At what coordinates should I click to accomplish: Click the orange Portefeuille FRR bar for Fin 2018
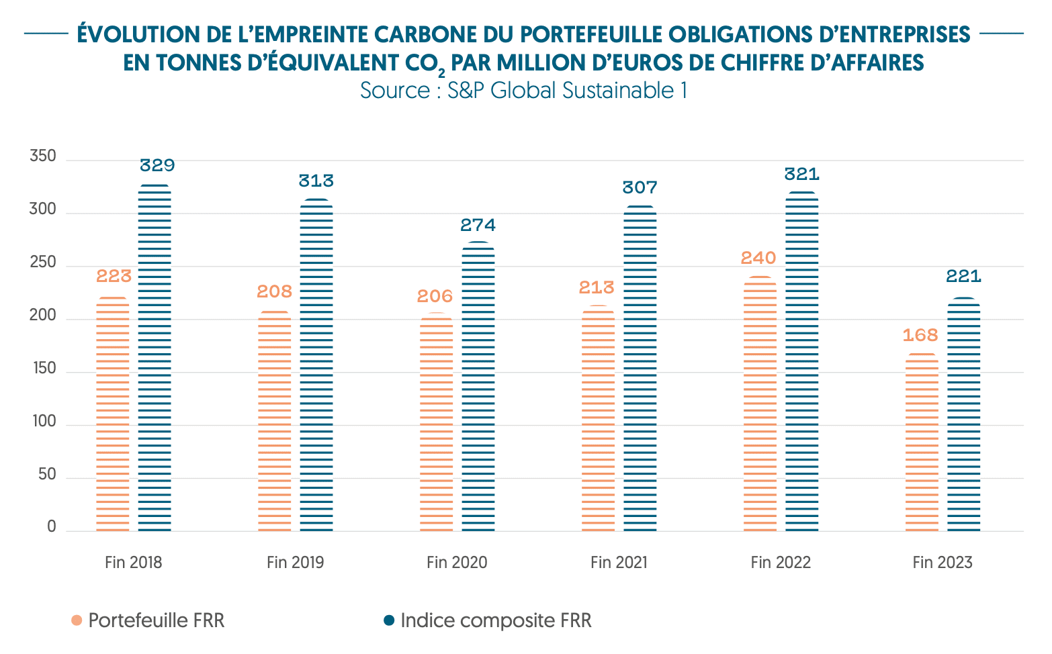click(113, 414)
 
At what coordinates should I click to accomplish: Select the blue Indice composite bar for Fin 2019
click(316, 365)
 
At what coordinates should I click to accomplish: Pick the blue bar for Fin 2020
click(478, 387)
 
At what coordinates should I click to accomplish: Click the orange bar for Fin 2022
click(760, 404)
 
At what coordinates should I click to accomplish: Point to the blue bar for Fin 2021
click(640, 369)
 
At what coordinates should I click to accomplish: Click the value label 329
click(157, 165)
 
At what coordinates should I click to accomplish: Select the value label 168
click(920, 335)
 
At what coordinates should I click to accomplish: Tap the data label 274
click(478, 225)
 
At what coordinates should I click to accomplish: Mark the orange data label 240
click(758, 258)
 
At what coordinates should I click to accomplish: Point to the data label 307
click(640, 187)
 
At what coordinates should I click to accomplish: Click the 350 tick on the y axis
click(43, 157)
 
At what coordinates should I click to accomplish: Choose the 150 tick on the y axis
click(43, 369)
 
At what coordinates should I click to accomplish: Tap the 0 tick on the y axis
click(52, 528)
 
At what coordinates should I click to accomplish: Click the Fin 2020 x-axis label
click(457, 563)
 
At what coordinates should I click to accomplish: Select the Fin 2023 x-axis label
click(943, 563)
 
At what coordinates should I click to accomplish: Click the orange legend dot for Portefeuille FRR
click(77, 620)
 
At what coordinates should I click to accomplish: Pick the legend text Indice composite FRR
click(496, 620)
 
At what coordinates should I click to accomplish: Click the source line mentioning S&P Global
click(523, 90)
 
